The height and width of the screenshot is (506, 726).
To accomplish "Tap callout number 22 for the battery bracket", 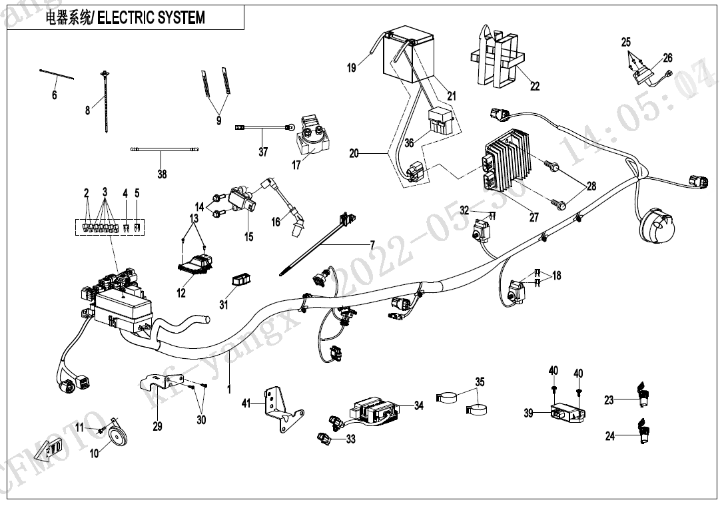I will point(535,86).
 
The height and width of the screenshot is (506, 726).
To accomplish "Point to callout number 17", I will point(296,164).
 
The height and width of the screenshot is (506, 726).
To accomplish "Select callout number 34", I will point(418,405).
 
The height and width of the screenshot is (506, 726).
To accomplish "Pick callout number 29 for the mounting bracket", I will point(157,426).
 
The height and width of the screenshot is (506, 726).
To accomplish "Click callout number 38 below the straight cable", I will point(162,174).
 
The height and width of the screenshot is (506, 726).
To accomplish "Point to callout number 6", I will point(55,95).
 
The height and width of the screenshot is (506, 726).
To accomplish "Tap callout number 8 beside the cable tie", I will point(87,111).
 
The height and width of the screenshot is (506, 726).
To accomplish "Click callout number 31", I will point(223,305).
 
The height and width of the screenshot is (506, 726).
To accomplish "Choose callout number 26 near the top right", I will point(667,58).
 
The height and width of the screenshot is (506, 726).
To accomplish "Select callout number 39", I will point(528,413).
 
